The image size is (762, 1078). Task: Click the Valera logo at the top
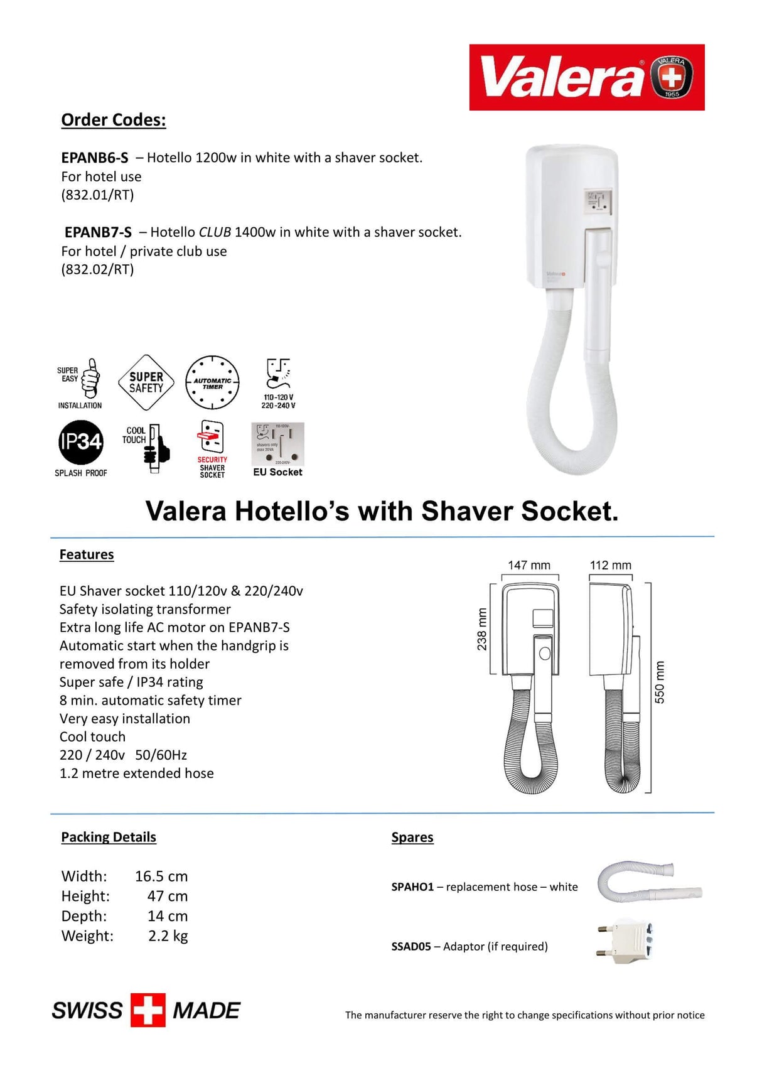coord(586,77)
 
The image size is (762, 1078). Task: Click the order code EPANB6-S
coord(95,158)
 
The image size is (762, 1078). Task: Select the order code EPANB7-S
coord(98,232)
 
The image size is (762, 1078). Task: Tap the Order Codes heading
coord(114,120)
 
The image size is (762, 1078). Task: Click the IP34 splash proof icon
coord(80,443)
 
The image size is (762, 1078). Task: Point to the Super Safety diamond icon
coord(146,382)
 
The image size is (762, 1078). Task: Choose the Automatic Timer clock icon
coord(212,382)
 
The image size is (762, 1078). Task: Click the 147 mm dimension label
coord(529,565)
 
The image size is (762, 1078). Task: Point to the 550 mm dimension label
coord(660,682)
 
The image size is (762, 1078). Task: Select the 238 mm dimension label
coord(482,629)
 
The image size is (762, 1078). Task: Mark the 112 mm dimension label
coord(610,565)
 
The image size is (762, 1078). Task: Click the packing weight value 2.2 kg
coord(168,936)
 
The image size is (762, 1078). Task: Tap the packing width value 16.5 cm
coord(161,876)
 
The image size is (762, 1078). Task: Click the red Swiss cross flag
coord(148,1010)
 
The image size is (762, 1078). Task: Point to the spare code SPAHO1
coord(412,887)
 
